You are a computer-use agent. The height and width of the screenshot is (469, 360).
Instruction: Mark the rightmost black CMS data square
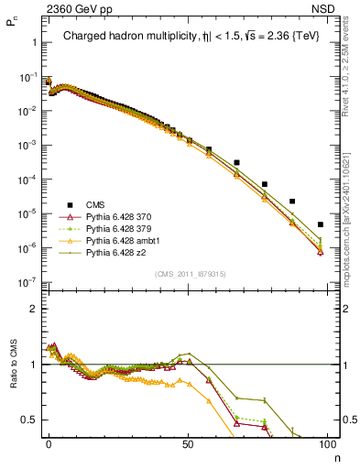click(x=320, y=224)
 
